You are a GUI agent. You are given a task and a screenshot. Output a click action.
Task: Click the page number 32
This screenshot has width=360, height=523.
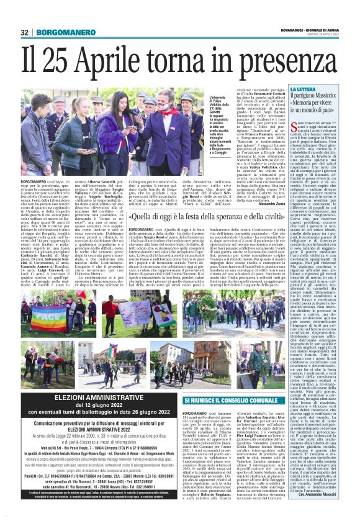(x=25, y=32)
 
